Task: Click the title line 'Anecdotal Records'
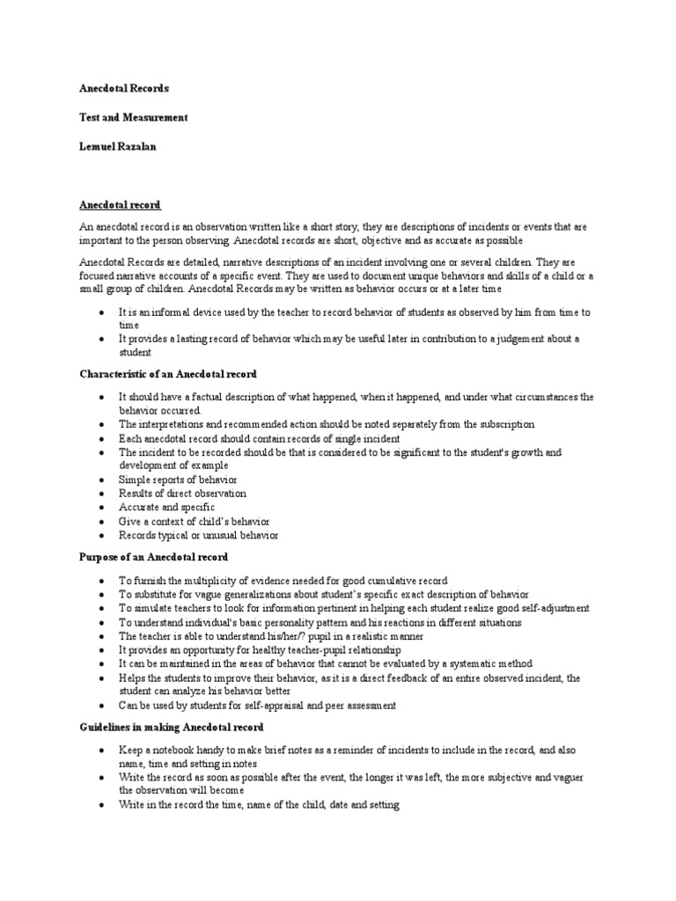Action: pyautogui.click(x=124, y=89)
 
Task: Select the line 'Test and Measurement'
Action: pyautogui.click(x=133, y=117)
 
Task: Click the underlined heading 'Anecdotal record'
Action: pyautogui.click(x=121, y=205)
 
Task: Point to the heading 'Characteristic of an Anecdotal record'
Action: pyautogui.click(x=167, y=374)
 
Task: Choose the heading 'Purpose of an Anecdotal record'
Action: pyautogui.click(x=153, y=557)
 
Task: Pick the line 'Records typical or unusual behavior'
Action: pyautogui.click(x=199, y=535)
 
